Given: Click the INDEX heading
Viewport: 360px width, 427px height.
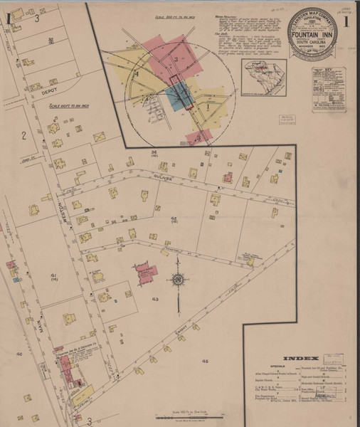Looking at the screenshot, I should pos(295,358).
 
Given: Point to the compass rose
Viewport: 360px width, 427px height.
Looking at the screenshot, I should pos(177,280).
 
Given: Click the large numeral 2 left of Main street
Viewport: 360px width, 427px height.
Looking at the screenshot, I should pos(23,135).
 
